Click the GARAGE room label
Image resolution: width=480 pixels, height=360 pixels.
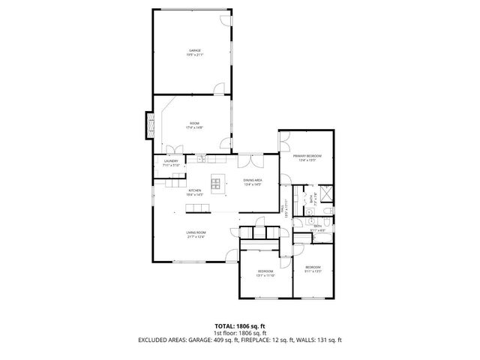194,50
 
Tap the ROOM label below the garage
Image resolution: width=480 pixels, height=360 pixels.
194,123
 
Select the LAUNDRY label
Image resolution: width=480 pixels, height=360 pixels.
170,161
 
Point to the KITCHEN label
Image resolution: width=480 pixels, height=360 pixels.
194,190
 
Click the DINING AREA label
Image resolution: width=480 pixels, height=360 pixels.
252,180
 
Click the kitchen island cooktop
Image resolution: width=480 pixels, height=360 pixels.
220,181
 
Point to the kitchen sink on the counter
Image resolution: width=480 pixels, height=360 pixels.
201,158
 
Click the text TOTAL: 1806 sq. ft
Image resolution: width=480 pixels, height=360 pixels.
239,325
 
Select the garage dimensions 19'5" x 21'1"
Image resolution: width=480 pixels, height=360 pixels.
194,55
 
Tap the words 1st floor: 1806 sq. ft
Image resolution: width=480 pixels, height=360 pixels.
239,332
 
